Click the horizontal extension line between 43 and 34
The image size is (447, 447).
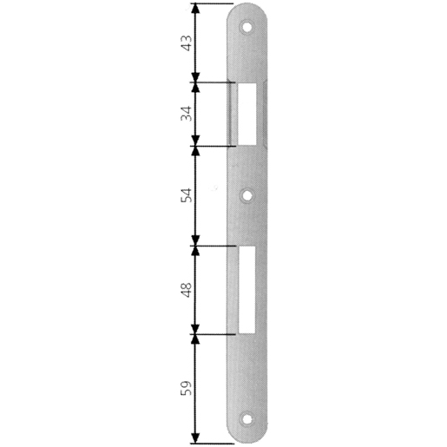tap(213, 82)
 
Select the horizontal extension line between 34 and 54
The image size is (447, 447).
tap(213, 144)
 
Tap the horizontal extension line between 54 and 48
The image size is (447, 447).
tap(213, 246)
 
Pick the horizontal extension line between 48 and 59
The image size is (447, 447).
tap(213, 332)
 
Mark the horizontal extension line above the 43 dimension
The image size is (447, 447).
tap(213, 3)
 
